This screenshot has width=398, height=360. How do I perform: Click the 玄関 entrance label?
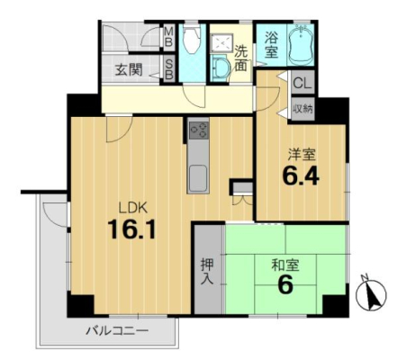tap(129, 70)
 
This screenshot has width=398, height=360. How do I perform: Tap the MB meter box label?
tap(169, 37)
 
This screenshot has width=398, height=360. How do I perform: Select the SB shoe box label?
tap(169, 69)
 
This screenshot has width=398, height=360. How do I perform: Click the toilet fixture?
tap(192, 40)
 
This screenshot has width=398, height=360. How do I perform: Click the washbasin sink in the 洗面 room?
tap(220, 69)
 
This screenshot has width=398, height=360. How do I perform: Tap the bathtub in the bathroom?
tap(301, 44)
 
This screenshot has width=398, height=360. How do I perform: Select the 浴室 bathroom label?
tap(271, 45)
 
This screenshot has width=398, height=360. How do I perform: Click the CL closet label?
tap(303, 83)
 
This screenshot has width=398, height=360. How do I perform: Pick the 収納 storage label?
tap(303, 109)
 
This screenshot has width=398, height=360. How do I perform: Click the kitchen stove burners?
tap(199, 130)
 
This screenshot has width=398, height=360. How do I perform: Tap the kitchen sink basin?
tap(198, 178)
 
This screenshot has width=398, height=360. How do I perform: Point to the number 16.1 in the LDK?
tap(132, 229)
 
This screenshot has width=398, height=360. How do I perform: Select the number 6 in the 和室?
tap(285, 284)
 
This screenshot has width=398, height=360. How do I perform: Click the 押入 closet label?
tap(207, 272)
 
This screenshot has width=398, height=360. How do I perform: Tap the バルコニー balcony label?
tap(117, 330)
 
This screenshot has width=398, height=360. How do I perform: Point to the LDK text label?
tap(133, 208)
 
